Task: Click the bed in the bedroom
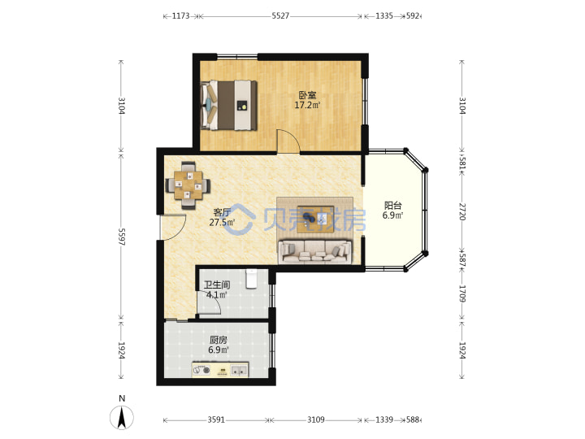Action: pyautogui.click(x=228, y=105)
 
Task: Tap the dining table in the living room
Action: pyautogui.click(x=188, y=185)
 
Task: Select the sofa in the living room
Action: pyautogui.click(x=315, y=252)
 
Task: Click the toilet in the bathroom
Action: pyautogui.click(x=251, y=279)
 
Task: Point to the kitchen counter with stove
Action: pyautogui.click(x=220, y=369)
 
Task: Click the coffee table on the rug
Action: pyautogui.click(x=315, y=219)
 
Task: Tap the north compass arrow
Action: pyautogui.click(x=122, y=417)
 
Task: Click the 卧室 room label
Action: pyautogui.click(x=307, y=96)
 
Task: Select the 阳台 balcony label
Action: pyautogui.click(x=393, y=206)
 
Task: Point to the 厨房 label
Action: pyautogui.click(x=219, y=340)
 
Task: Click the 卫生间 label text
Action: pyautogui.click(x=216, y=285)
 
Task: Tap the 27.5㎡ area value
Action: pyautogui.click(x=222, y=223)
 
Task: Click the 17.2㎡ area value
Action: pyautogui.click(x=307, y=105)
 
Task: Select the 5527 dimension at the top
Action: pyautogui.click(x=280, y=16)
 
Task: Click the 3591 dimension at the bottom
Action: pyautogui.click(x=216, y=420)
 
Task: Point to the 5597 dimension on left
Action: pyautogui.click(x=122, y=237)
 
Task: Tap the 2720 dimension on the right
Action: pyautogui.click(x=461, y=211)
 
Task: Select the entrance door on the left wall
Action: pyautogui.click(x=172, y=228)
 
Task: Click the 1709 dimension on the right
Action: pyautogui.click(x=461, y=293)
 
